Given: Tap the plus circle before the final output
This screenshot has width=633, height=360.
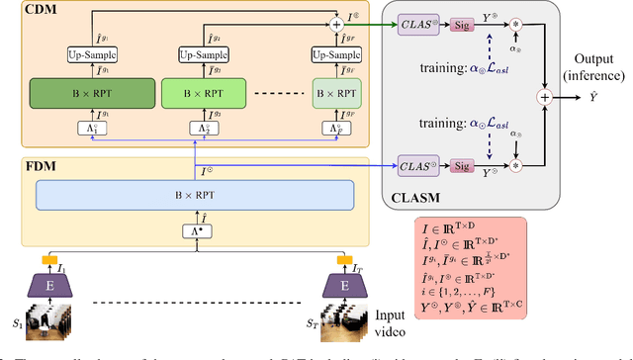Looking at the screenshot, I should [x=543, y=98].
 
